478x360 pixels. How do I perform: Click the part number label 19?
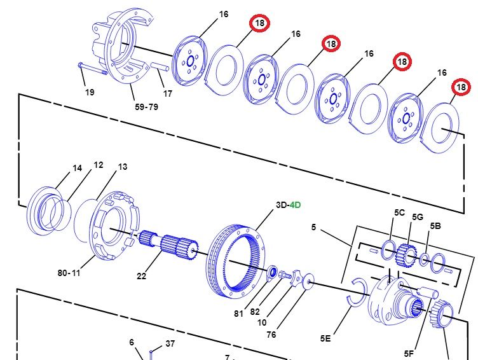pyautogui.click(x=90, y=92)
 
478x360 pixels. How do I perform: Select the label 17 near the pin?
pyautogui.click(x=167, y=93)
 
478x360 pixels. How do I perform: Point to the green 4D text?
pyautogui.click(x=295, y=205)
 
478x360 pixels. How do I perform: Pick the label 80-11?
pyautogui.click(x=69, y=273)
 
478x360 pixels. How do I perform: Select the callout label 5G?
pyautogui.click(x=417, y=217)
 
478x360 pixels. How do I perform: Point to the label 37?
pyautogui.click(x=170, y=343)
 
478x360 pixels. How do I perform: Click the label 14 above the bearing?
pyautogui.click(x=77, y=168)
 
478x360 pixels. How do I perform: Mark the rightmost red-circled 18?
pyautogui.click(x=460, y=87)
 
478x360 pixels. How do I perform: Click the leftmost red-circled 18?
pyautogui.click(x=259, y=23)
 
